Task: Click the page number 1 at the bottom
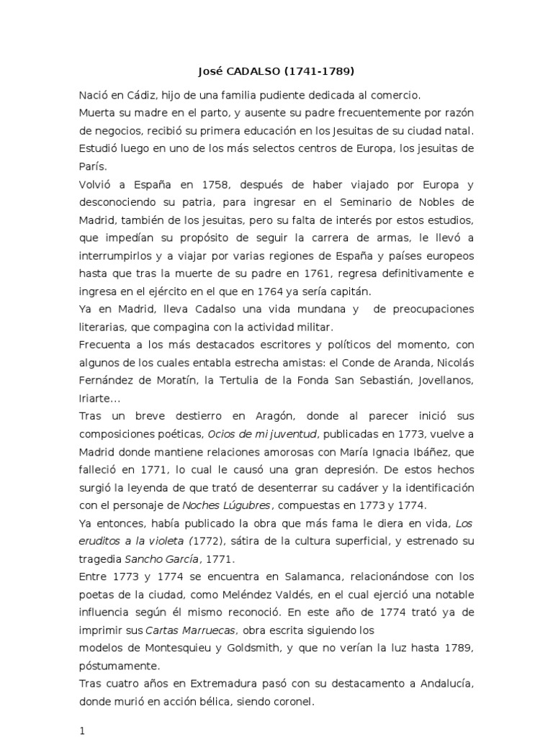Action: click(x=81, y=731)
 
